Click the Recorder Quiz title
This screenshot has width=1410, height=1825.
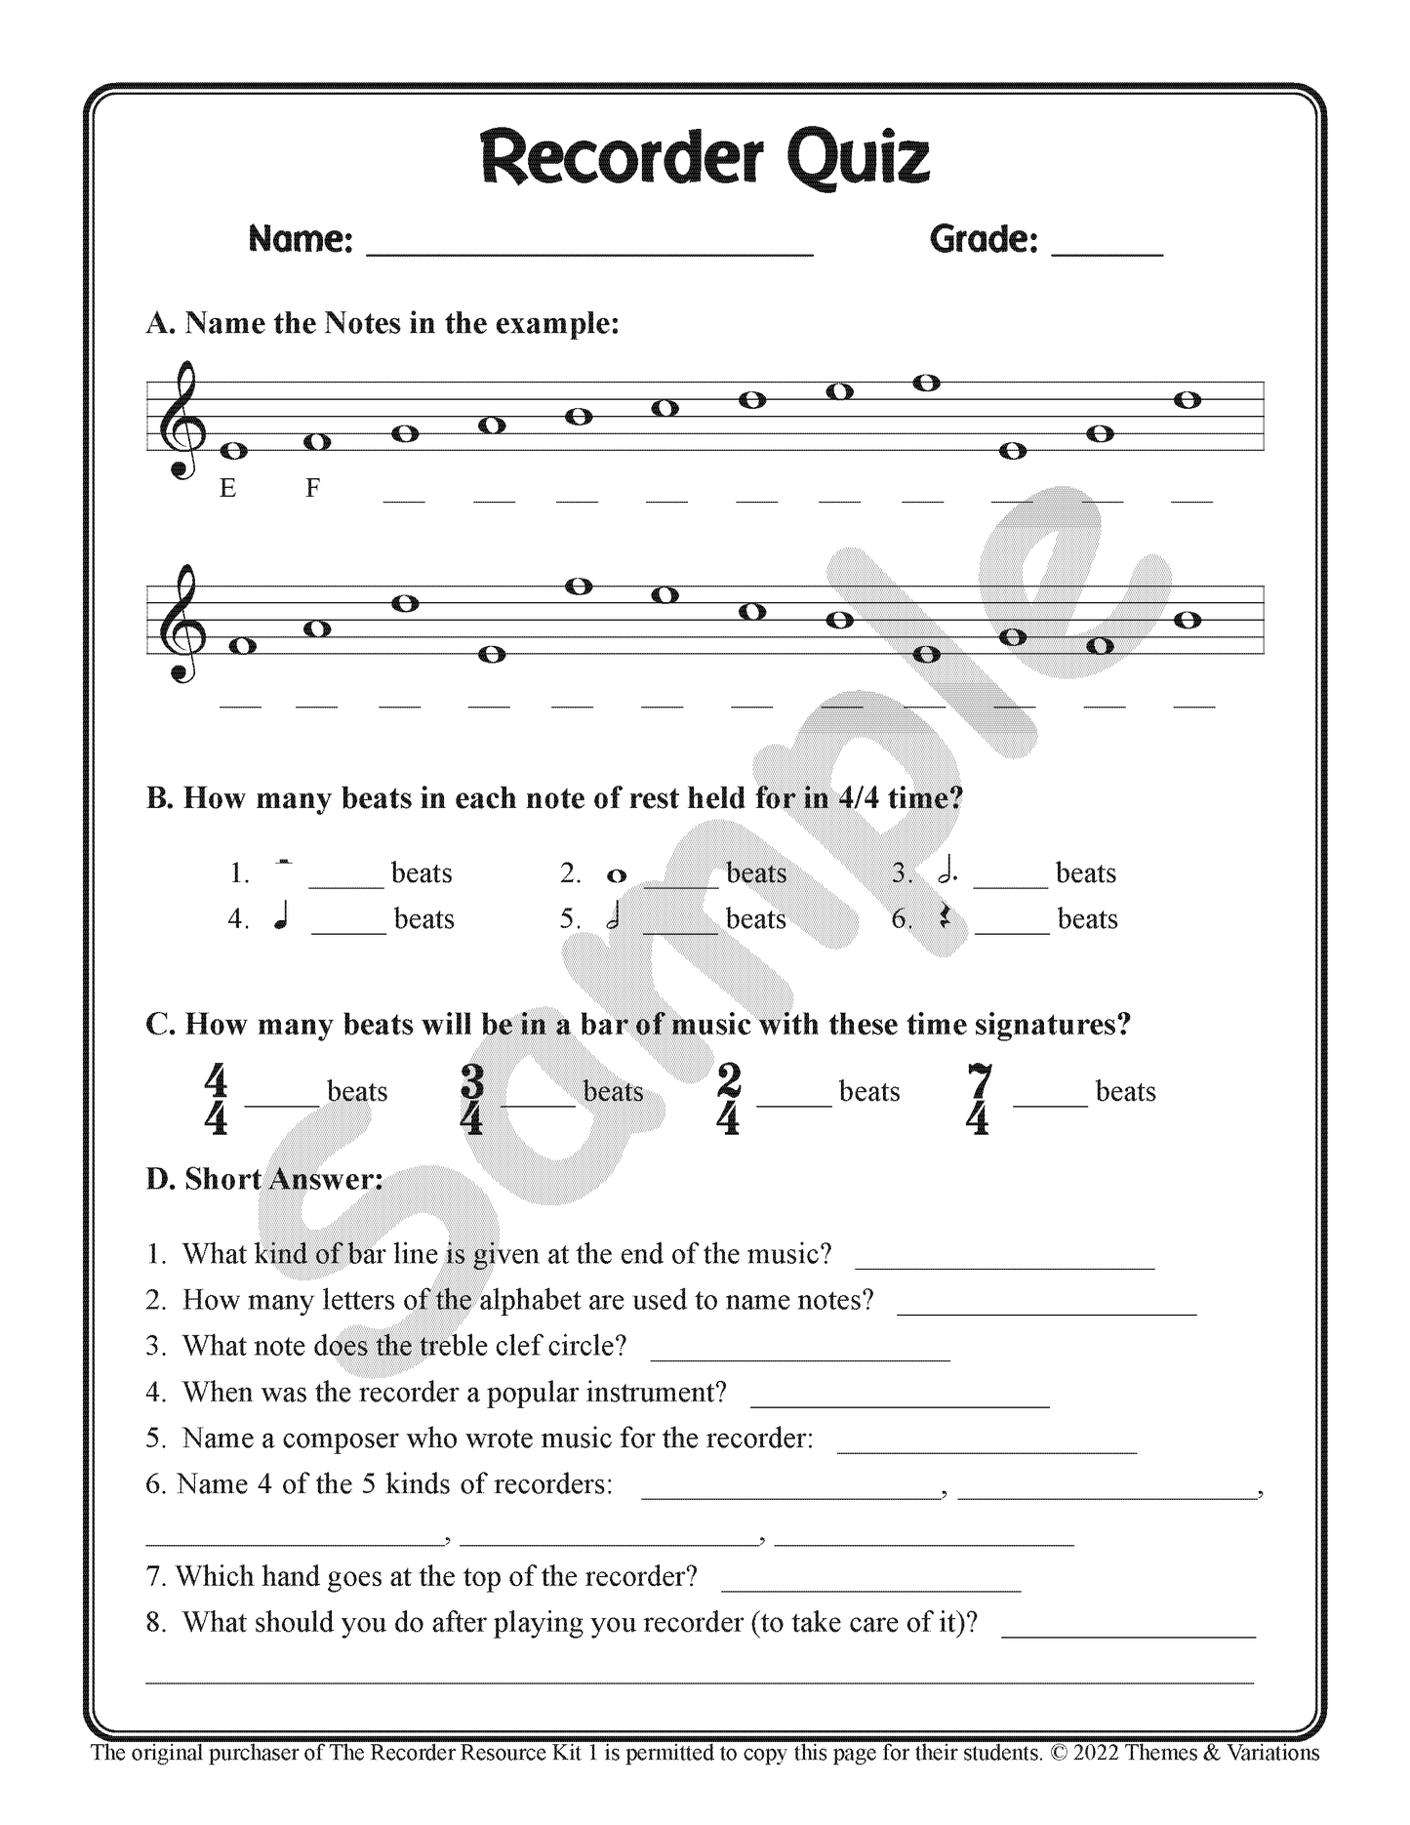[705, 158]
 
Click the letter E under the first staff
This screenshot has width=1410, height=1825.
[227, 488]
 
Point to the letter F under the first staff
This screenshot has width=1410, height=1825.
[312, 488]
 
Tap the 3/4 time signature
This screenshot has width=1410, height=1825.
[471, 1100]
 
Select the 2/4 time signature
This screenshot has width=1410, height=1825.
[728, 1100]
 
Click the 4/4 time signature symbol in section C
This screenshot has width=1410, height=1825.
[216, 1100]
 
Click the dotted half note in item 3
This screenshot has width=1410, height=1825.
[947, 872]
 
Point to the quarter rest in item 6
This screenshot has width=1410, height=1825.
[945, 918]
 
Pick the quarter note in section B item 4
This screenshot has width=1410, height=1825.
[281, 918]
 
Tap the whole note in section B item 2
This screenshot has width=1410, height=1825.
[616, 875]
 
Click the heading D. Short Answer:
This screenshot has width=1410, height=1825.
[264, 1179]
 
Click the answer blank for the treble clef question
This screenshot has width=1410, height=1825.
[799, 1358]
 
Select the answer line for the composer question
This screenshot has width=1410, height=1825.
[987, 1450]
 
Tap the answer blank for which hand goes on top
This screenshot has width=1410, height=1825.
[870, 1589]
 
